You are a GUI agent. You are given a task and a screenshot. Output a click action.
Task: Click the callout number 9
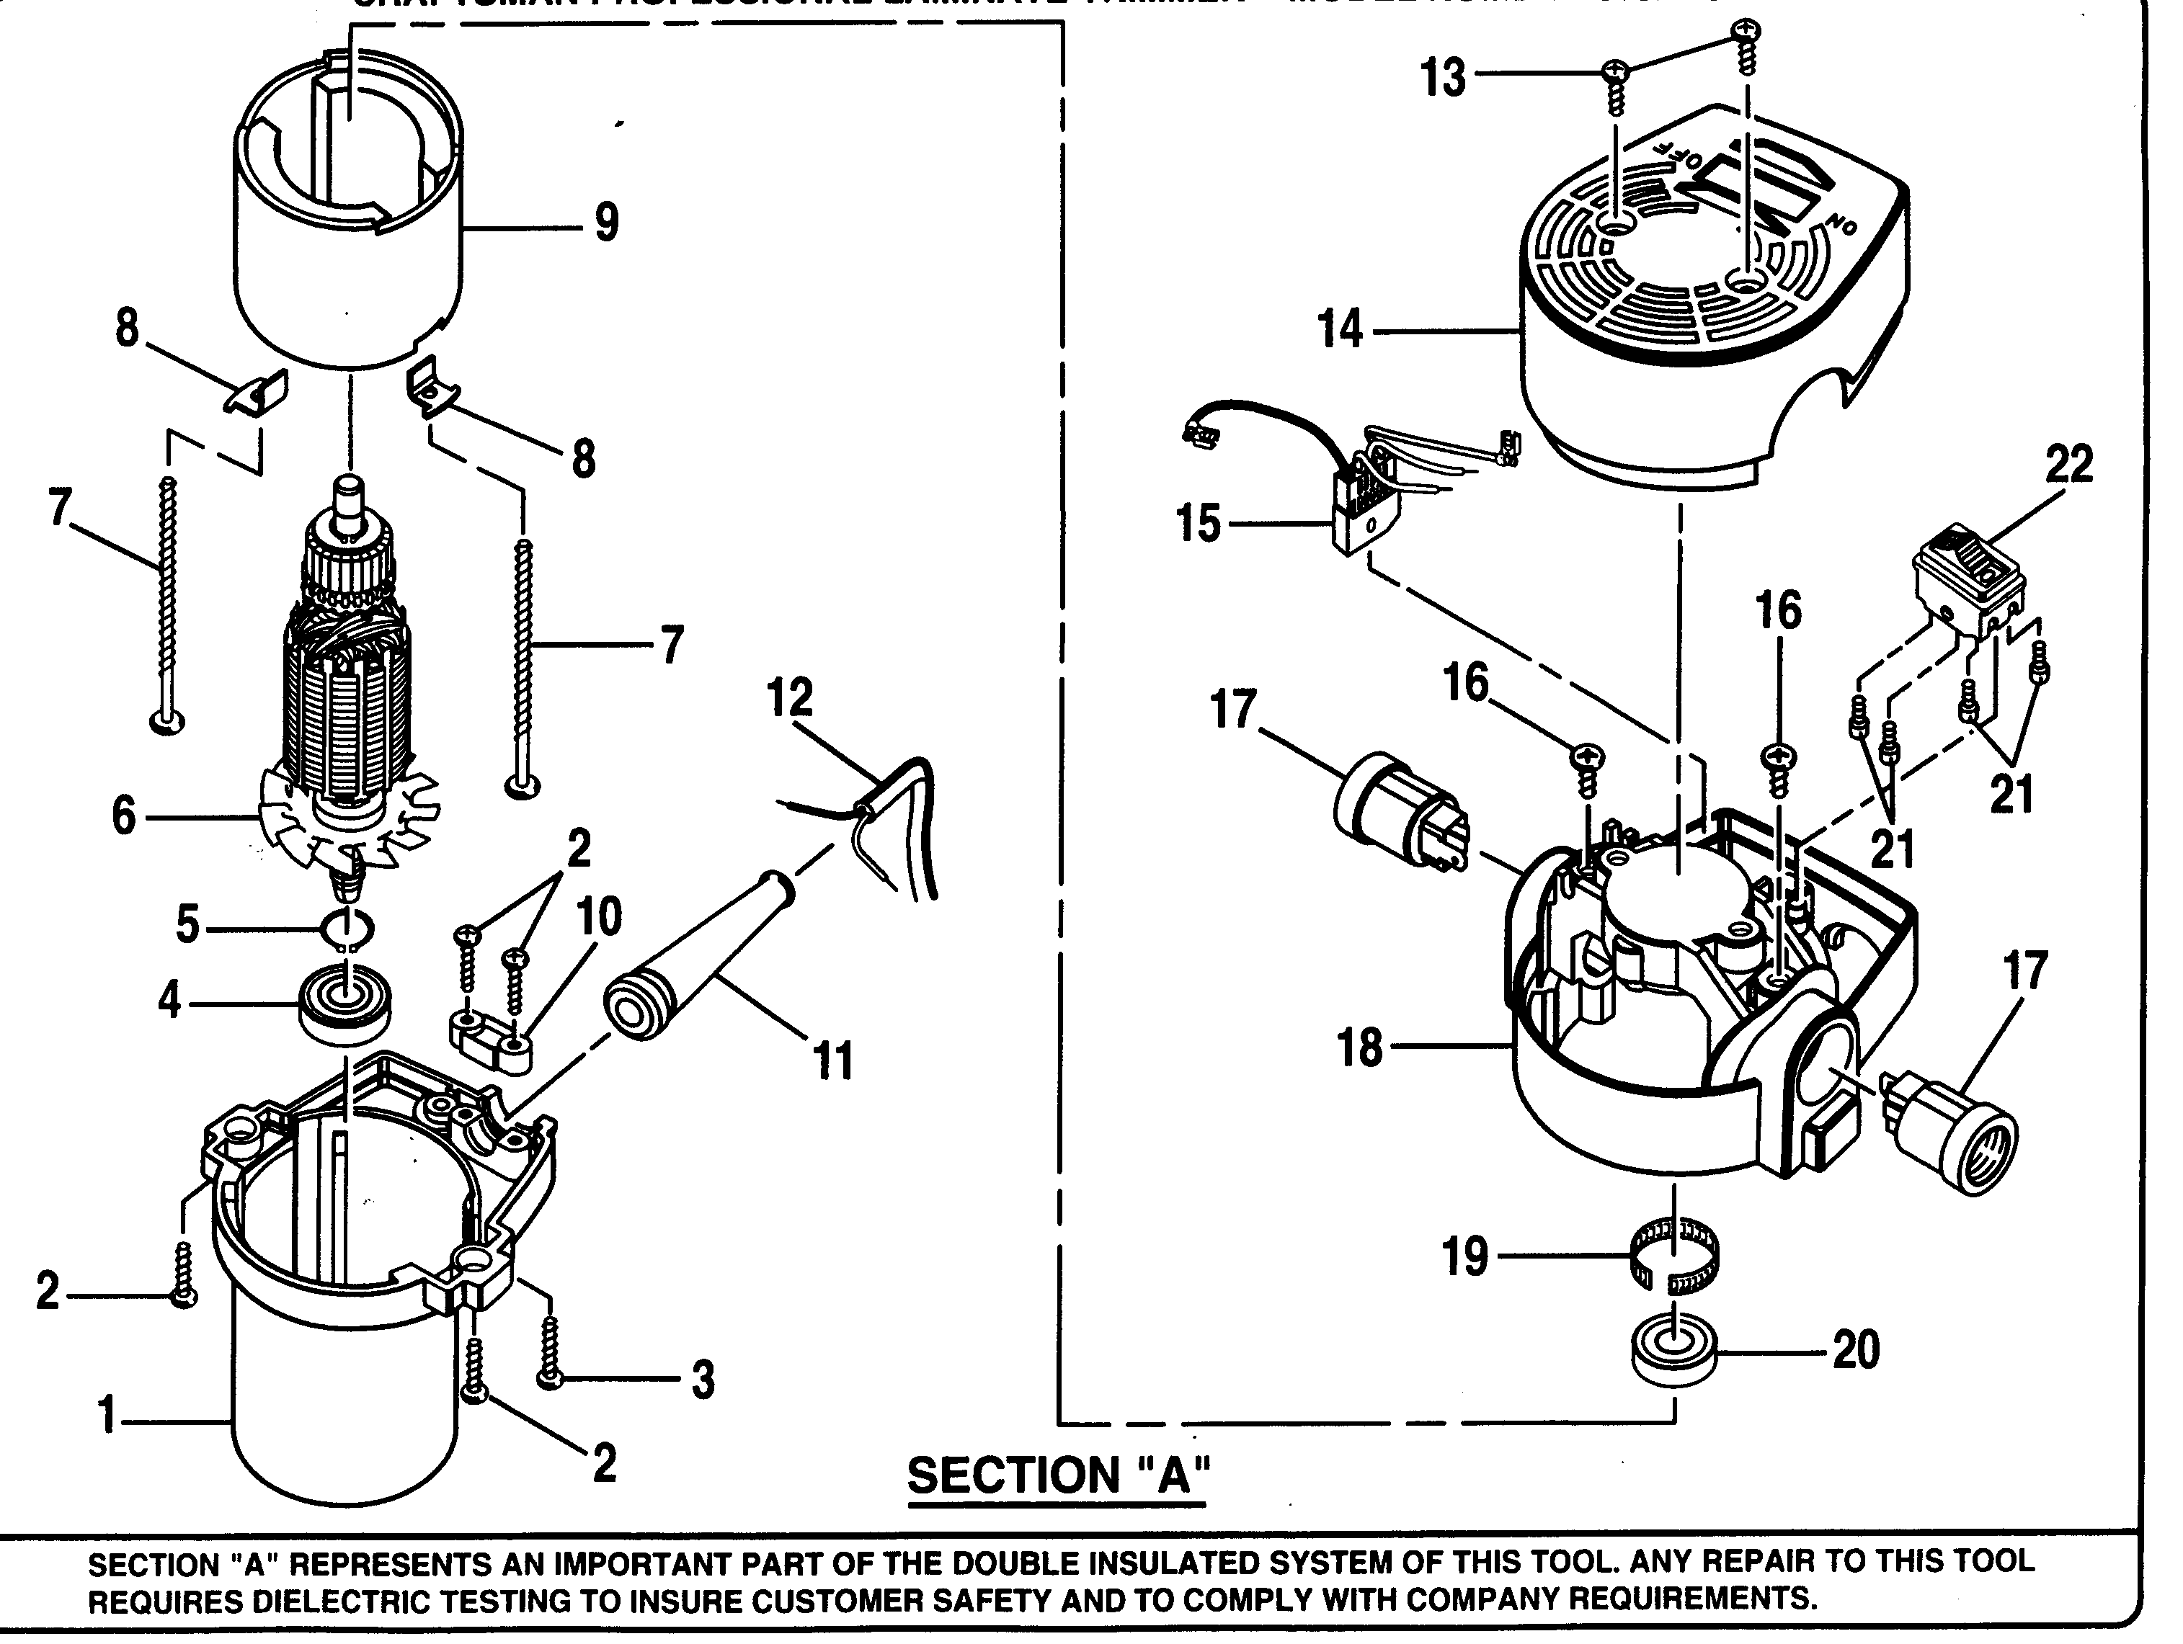606,223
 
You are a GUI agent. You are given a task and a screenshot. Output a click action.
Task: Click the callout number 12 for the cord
789,699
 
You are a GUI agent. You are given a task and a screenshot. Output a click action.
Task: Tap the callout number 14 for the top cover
1341,329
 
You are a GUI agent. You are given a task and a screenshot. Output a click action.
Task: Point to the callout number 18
1360,1048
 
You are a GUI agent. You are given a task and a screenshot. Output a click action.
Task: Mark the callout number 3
702,1380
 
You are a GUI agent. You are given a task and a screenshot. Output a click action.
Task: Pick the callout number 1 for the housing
107,1418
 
